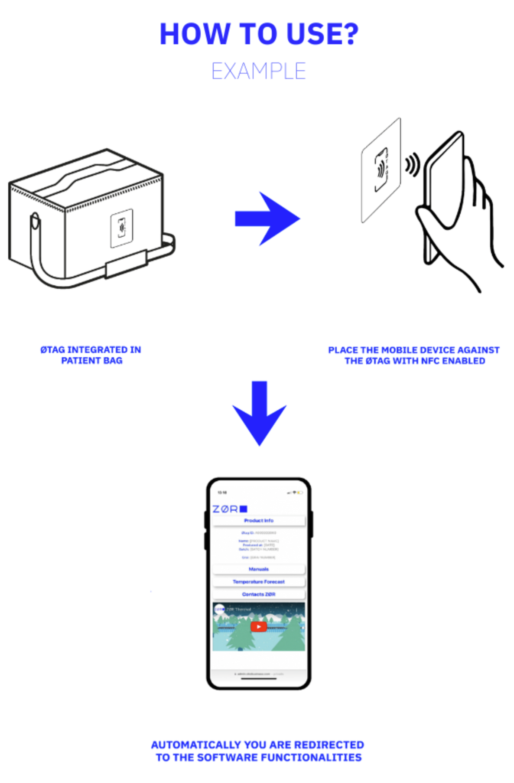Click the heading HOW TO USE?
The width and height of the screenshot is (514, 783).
pos(259,34)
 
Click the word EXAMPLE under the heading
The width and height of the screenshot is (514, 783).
pos(259,71)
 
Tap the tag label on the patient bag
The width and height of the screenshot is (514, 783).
pos(121,228)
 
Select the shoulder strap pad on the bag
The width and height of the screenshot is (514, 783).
pos(126,264)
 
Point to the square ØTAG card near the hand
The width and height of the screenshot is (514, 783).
pos(381,170)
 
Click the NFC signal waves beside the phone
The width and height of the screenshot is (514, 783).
pos(413,165)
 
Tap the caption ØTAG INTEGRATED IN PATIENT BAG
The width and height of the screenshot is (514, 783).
pos(91,355)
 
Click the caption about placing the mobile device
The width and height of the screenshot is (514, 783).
pos(414,356)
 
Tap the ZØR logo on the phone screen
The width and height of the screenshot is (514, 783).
pos(230,509)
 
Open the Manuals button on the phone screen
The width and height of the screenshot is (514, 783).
pos(259,569)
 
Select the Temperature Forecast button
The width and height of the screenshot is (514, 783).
pos(259,582)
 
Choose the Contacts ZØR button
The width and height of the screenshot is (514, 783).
pos(259,594)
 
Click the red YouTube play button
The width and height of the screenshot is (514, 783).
pos(259,626)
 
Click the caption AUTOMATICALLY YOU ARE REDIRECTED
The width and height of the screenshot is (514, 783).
pos(258,751)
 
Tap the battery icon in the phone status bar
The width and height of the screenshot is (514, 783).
pos(300,493)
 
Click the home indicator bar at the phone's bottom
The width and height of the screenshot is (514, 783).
pos(259,679)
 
